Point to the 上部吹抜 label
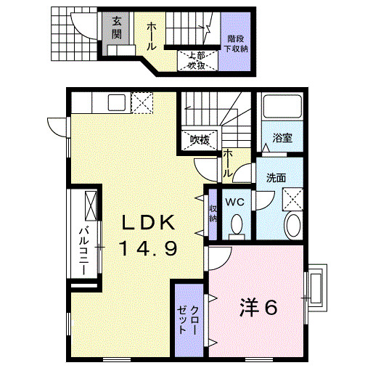(196, 60)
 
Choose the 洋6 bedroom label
(258, 308)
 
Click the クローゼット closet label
(187, 320)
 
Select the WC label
(234, 201)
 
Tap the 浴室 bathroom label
(282, 138)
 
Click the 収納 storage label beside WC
(213, 213)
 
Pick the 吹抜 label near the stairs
(200, 139)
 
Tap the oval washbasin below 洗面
(292, 225)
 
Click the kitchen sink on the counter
(117, 102)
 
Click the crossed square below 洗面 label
(292, 197)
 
